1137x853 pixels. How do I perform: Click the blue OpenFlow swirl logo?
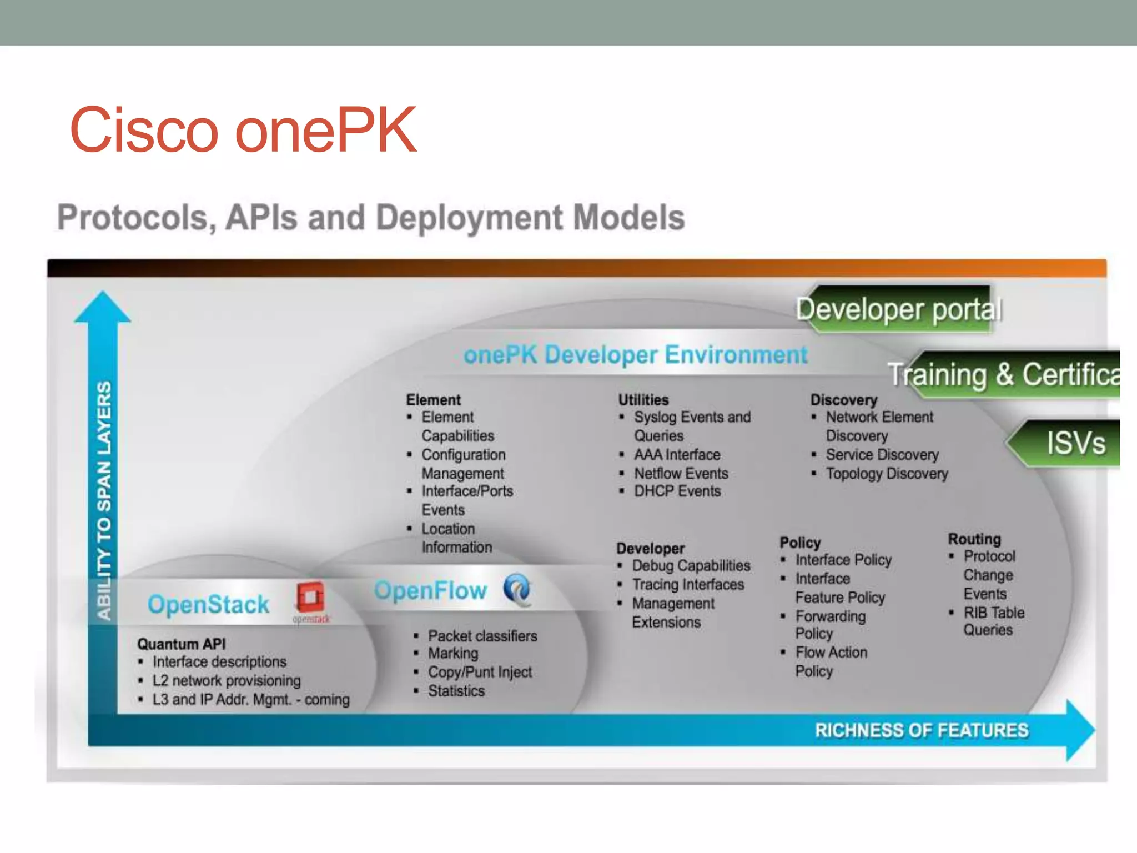517,590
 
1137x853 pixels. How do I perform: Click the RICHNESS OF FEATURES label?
922,730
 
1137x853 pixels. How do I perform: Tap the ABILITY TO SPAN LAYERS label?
104,500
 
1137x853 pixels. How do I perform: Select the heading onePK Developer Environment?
636,354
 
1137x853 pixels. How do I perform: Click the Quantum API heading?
182,644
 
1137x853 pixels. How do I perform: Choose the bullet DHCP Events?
677,491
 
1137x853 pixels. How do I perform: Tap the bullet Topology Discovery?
887,474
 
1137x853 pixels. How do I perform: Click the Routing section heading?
974,539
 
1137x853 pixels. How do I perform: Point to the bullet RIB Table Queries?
993,621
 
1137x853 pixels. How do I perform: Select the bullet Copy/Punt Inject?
480,672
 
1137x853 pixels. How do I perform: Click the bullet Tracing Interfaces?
688,584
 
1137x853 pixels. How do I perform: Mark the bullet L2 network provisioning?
227,680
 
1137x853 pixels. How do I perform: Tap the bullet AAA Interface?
677,455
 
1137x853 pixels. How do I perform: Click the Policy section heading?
800,542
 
